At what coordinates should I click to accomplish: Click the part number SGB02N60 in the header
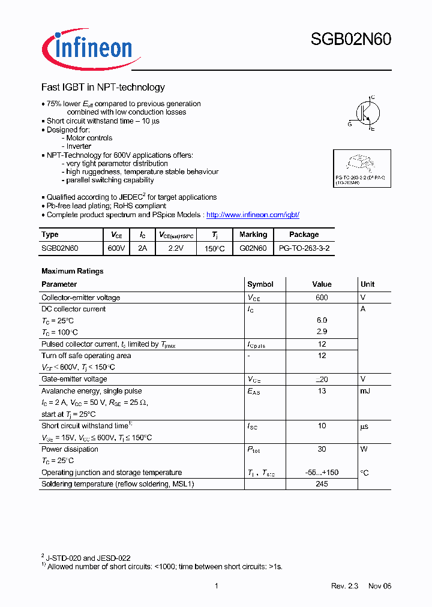350,40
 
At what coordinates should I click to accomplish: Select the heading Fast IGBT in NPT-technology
103,88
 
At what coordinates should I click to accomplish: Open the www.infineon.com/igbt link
253,215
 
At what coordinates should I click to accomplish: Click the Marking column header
253,235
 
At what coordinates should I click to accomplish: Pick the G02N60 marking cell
253,248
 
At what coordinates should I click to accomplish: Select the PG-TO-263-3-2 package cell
304,248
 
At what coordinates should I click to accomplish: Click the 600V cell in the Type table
116,248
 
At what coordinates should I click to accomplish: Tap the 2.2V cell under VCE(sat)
175,248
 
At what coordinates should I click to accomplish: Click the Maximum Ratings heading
72,271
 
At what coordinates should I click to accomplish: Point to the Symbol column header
260,284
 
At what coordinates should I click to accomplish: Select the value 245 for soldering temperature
322,484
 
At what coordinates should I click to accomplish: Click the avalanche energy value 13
322,391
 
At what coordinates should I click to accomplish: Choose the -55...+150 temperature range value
322,473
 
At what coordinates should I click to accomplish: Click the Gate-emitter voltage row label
74,379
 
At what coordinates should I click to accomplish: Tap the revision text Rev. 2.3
344,586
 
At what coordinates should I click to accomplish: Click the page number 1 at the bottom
216,586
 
